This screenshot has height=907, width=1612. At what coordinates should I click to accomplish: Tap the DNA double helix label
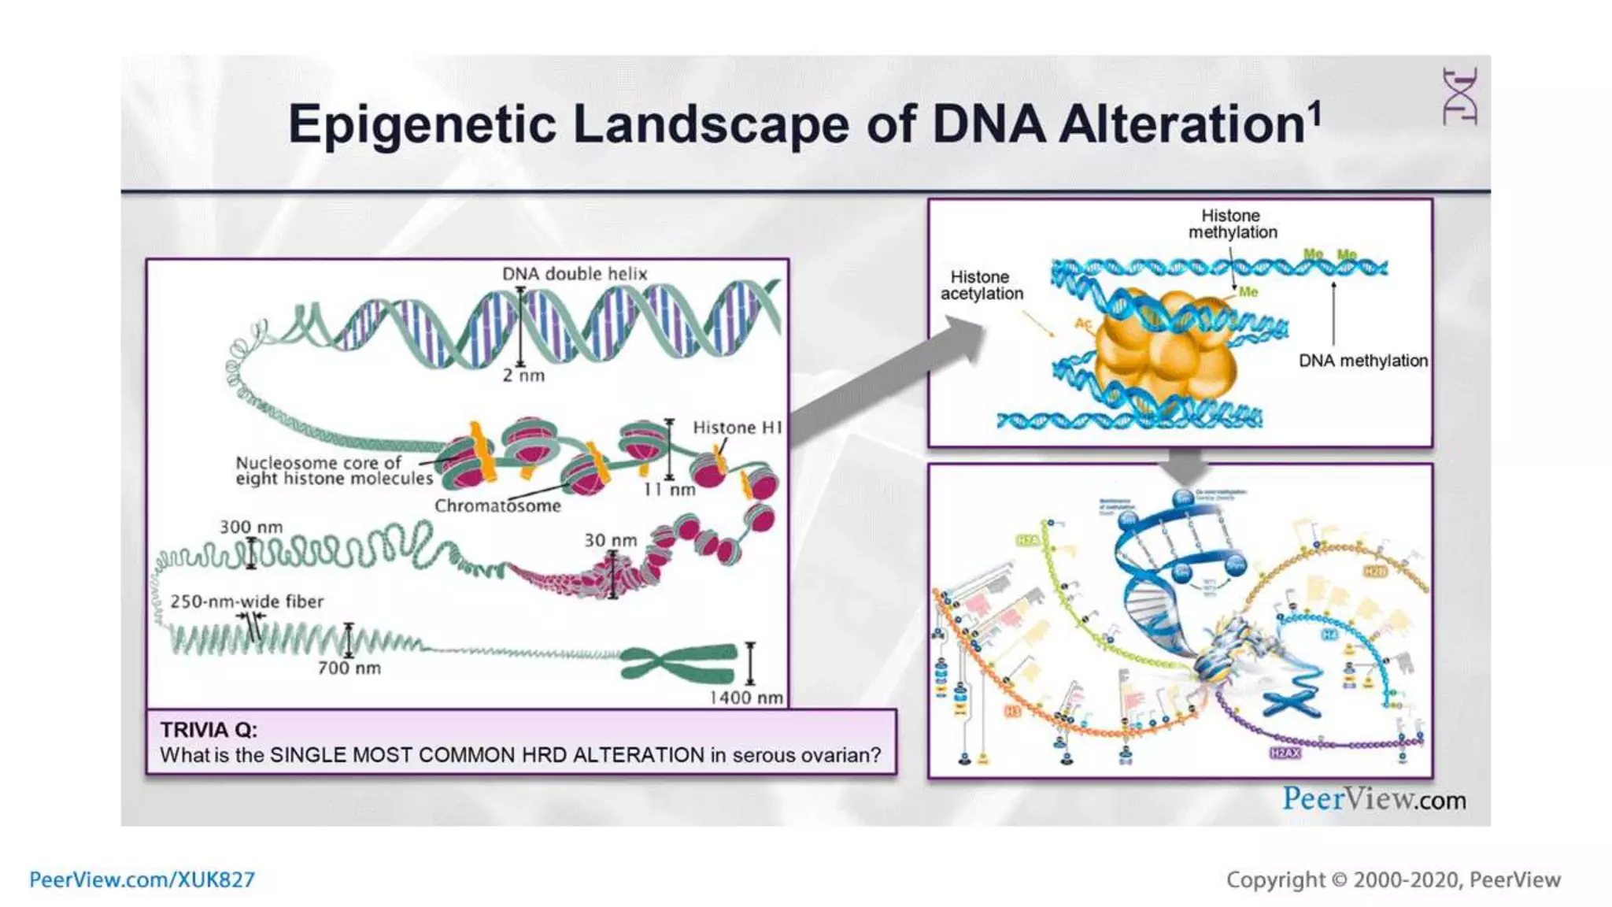click(x=575, y=274)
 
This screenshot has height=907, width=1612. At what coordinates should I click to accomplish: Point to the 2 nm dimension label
click(x=523, y=376)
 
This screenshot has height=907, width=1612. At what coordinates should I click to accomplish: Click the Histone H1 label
click(x=737, y=428)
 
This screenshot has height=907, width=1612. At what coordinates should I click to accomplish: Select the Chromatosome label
click(x=497, y=506)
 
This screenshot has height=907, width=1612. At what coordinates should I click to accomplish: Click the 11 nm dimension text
click(x=670, y=490)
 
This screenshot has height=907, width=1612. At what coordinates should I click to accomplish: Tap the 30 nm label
click(x=610, y=541)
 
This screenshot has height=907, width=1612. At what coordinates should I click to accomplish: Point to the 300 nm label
click(x=250, y=527)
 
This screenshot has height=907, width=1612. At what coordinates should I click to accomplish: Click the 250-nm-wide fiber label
click(x=246, y=602)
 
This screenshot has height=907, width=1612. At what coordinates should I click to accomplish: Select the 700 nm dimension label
click(x=349, y=668)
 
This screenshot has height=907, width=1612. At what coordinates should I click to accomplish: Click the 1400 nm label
click(x=745, y=698)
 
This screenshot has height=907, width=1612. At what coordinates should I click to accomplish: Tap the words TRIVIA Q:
click(x=209, y=730)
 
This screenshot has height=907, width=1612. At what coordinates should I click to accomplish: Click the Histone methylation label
click(x=1232, y=224)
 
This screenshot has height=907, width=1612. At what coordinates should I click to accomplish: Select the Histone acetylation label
click(x=982, y=285)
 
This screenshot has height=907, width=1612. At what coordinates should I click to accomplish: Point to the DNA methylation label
click(x=1362, y=361)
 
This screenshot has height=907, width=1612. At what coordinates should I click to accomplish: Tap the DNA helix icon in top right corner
click(x=1459, y=97)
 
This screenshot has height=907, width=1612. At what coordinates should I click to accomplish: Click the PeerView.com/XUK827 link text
click(x=142, y=879)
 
